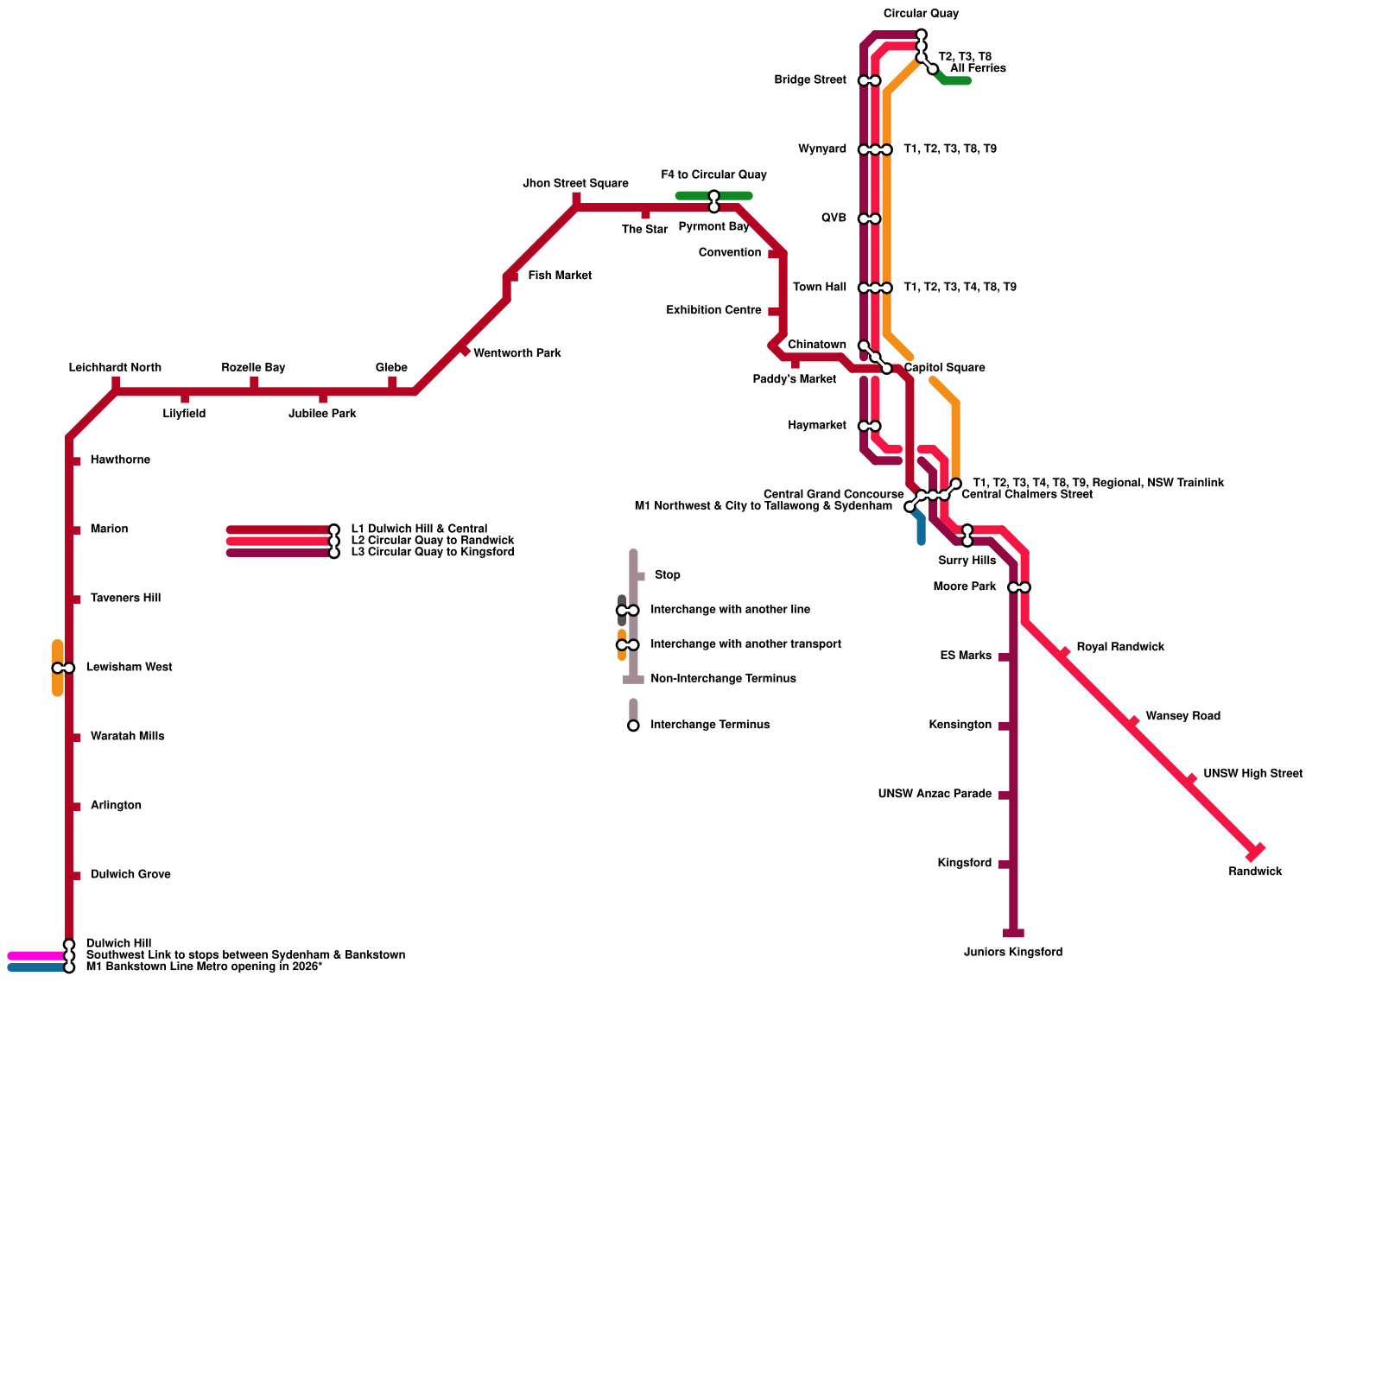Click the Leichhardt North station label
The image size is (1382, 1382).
(115, 368)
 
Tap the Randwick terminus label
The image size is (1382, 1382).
(1255, 872)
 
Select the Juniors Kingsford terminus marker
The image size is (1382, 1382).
(1013, 934)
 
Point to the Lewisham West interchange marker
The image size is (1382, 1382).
(63, 669)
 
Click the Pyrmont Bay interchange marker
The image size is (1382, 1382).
(713, 202)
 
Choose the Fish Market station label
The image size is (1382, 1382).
(560, 276)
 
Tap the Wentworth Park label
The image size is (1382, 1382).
(517, 354)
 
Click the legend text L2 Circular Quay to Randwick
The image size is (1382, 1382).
(432, 541)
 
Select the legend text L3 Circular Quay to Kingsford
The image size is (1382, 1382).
(432, 553)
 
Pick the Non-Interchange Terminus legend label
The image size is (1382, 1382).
(723, 679)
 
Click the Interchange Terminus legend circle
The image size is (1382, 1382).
(633, 726)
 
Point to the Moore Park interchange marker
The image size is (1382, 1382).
(1019, 588)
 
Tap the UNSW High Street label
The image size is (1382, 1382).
(1252, 774)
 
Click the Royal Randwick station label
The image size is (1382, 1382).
(1120, 648)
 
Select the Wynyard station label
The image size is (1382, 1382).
(821, 149)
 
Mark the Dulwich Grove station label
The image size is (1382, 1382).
(130, 875)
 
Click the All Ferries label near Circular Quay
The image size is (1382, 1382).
(978, 69)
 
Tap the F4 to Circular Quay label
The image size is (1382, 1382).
(713, 175)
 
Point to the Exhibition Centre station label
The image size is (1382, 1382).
(713, 311)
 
